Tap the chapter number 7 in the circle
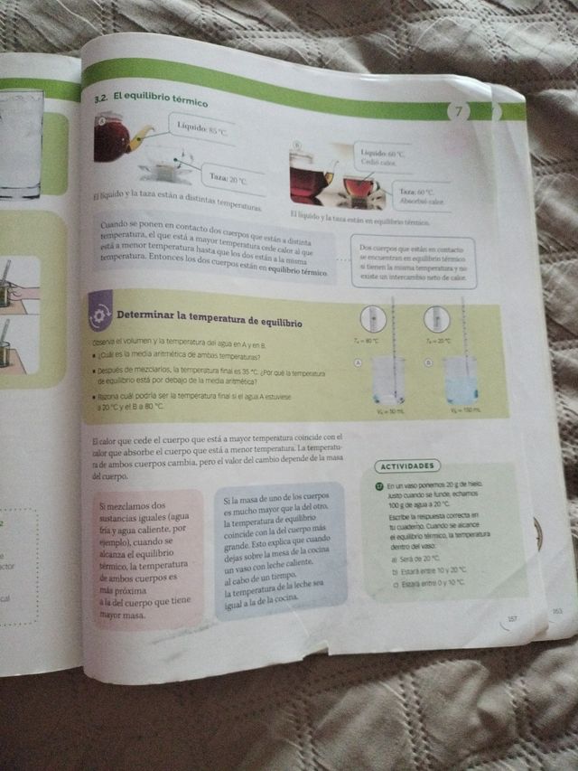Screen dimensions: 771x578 pos(459,112)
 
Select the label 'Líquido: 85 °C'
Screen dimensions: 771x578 pos(202,129)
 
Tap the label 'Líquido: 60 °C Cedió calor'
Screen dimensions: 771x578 pos(382,158)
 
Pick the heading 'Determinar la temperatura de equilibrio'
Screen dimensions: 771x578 pos(209,317)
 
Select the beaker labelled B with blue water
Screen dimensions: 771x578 pos(460,381)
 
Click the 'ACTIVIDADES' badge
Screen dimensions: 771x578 pos(406,466)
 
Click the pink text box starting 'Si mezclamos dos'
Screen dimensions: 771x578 pos(144,559)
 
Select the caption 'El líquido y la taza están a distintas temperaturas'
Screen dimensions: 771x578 pos(176,202)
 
